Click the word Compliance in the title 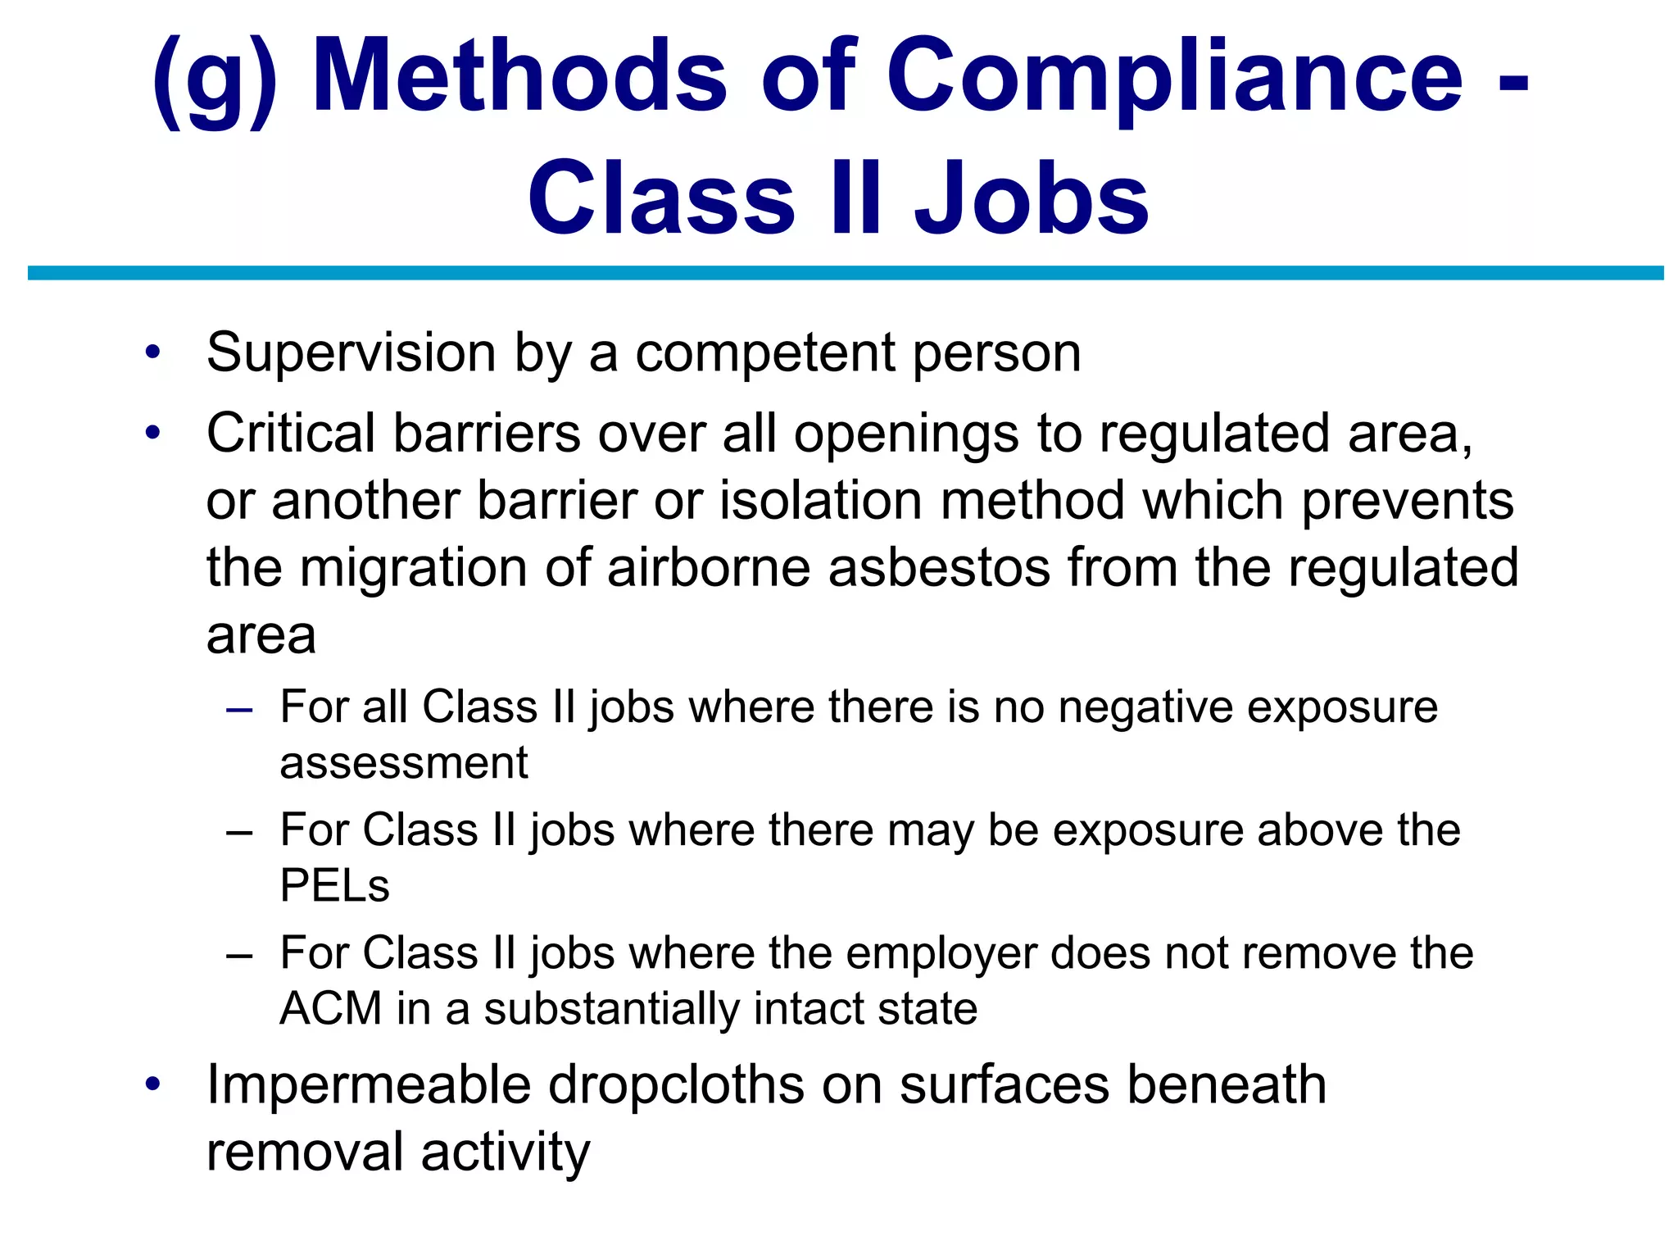point(1175,78)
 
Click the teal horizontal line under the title point(846,273)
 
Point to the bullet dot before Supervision point(152,353)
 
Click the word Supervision point(351,353)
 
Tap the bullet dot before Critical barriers point(152,433)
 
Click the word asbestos point(939,567)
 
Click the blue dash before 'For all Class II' point(239,709)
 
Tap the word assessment point(404,763)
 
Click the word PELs point(334,885)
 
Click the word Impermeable point(369,1085)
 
